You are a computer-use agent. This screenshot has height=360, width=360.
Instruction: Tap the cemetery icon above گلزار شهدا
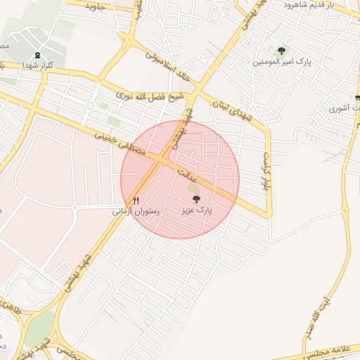37,54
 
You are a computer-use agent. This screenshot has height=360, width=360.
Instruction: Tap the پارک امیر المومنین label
281,61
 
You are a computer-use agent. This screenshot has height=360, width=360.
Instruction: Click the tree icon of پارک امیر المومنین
282,51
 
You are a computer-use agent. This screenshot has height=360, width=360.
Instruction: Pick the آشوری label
345,108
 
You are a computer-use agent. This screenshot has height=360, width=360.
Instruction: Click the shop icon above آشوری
358,98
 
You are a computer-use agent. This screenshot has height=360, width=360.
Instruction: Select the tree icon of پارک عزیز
195,200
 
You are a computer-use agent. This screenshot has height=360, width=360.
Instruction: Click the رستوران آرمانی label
136,210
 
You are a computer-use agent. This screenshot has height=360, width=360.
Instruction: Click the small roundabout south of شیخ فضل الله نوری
90,106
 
